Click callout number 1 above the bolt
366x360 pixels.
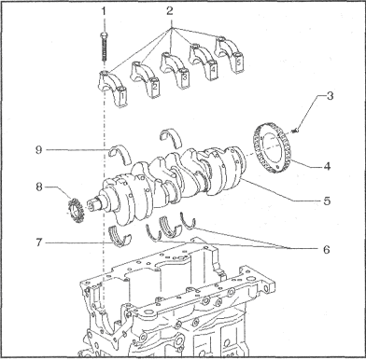pyautogui.click(x=104, y=11)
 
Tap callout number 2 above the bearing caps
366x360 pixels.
pyautogui.click(x=170, y=11)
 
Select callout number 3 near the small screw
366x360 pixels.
pyautogui.click(x=330, y=96)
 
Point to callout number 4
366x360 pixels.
pyautogui.click(x=327, y=166)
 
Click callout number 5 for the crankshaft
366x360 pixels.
pyautogui.click(x=327, y=201)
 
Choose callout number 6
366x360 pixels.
pyautogui.click(x=326, y=249)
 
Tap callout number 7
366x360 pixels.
pyautogui.click(x=39, y=242)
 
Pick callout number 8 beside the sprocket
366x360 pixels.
pyautogui.click(x=39, y=187)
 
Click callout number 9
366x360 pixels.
pyautogui.click(x=39, y=150)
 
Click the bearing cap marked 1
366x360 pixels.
pyautogui.click(x=113, y=89)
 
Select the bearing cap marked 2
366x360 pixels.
pyautogui.click(x=145, y=79)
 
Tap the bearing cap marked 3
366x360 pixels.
pyautogui.click(x=175, y=70)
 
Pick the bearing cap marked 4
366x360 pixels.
pyautogui.click(x=203, y=61)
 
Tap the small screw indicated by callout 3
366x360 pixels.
pyautogui.click(x=296, y=130)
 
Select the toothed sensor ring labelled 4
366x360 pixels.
pyautogui.click(x=271, y=148)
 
